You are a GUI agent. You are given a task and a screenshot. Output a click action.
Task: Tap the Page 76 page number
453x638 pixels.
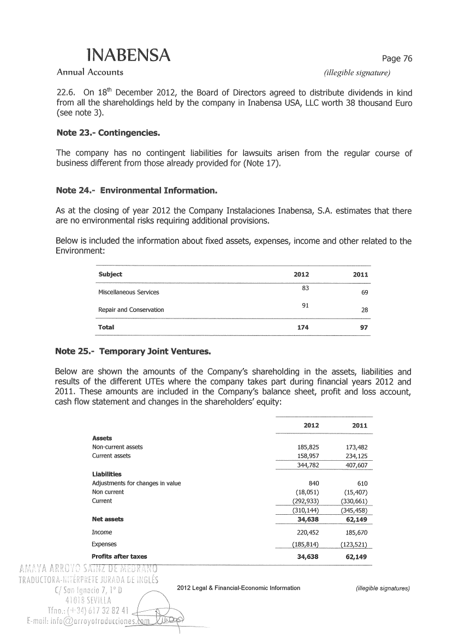396,59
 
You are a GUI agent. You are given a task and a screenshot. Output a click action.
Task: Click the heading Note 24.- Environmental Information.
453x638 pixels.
136,190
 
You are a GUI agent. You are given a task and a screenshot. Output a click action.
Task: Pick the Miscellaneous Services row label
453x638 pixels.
128,293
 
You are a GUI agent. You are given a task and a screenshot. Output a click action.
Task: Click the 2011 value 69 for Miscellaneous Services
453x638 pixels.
365,293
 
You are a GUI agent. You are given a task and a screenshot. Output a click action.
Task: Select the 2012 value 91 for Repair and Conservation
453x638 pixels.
306,305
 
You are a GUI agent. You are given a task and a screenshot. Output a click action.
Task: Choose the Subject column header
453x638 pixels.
110,274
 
